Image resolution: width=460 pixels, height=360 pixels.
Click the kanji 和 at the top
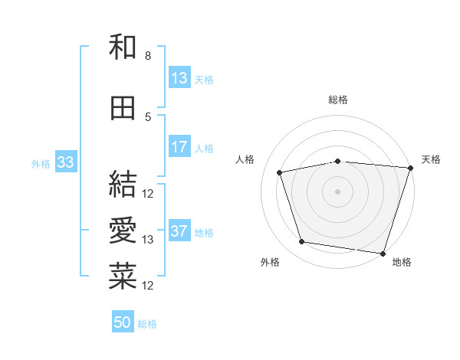tap(123, 47)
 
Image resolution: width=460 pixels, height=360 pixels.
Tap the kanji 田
tap(123, 108)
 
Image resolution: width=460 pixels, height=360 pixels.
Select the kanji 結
tap(123, 184)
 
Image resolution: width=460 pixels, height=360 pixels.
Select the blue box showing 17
tap(179, 148)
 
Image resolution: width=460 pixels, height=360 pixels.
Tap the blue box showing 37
tap(179, 232)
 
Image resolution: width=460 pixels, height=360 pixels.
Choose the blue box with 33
tap(65, 162)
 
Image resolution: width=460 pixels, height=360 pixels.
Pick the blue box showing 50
tap(123, 322)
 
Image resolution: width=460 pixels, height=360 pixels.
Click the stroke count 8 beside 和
tap(148, 56)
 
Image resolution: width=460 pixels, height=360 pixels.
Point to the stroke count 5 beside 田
tap(148, 116)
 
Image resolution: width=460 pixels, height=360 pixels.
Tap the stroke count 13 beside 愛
tap(149, 240)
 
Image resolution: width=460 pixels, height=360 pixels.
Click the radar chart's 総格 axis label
tap(338, 100)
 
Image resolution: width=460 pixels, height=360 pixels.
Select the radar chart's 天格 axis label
tap(432, 159)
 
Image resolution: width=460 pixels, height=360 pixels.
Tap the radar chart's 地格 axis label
tap(402, 262)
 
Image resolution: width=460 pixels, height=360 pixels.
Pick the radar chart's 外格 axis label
tap(270, 262)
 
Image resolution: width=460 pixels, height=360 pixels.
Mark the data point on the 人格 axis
tap(280, 172)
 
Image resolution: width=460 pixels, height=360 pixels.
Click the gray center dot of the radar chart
tap(338, 191)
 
